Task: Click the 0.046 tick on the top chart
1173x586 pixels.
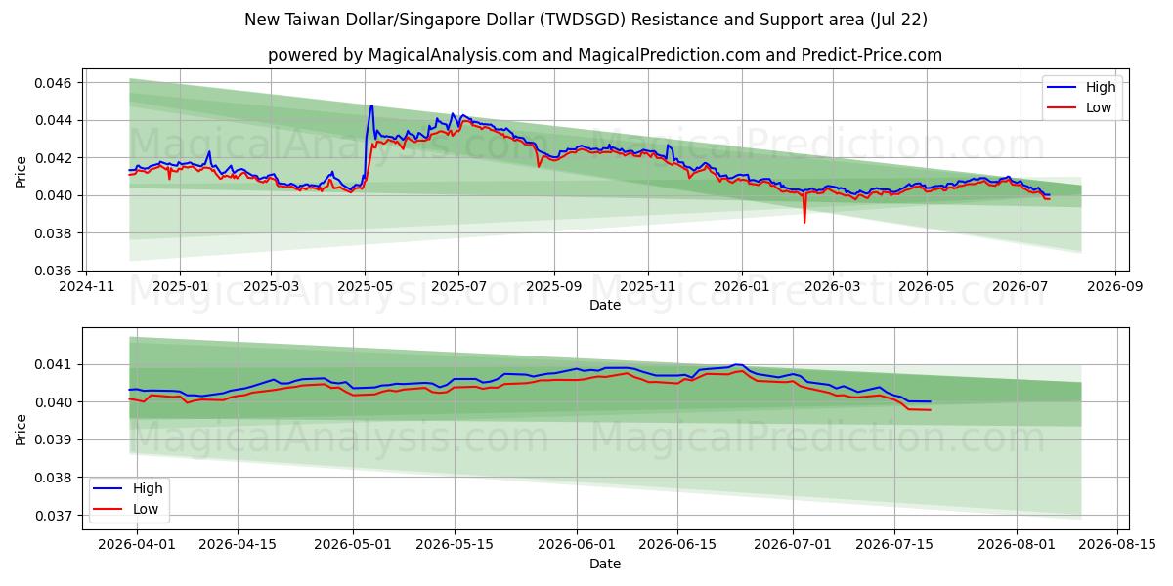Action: point(53,83)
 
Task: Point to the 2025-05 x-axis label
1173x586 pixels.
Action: point(365,287)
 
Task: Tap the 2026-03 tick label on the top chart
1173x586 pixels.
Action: point(833,287)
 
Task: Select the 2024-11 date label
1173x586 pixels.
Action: point(86,287)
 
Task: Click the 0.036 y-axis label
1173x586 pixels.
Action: point(53,272)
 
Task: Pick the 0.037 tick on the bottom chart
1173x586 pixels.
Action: point(53,516)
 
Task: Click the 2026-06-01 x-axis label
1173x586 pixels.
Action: point(577,544)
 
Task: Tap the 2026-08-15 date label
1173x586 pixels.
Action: point(1117,544)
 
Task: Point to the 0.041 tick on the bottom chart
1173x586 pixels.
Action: point(53,364)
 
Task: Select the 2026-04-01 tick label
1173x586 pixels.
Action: point(137,544)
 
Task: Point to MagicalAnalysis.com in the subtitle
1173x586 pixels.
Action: point(453,55)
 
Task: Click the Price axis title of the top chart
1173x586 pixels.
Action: point(21,172)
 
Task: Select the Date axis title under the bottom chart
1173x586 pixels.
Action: point(605,565)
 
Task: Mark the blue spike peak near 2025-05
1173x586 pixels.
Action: point(371,106)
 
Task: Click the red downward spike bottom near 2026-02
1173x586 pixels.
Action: point(804,223)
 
